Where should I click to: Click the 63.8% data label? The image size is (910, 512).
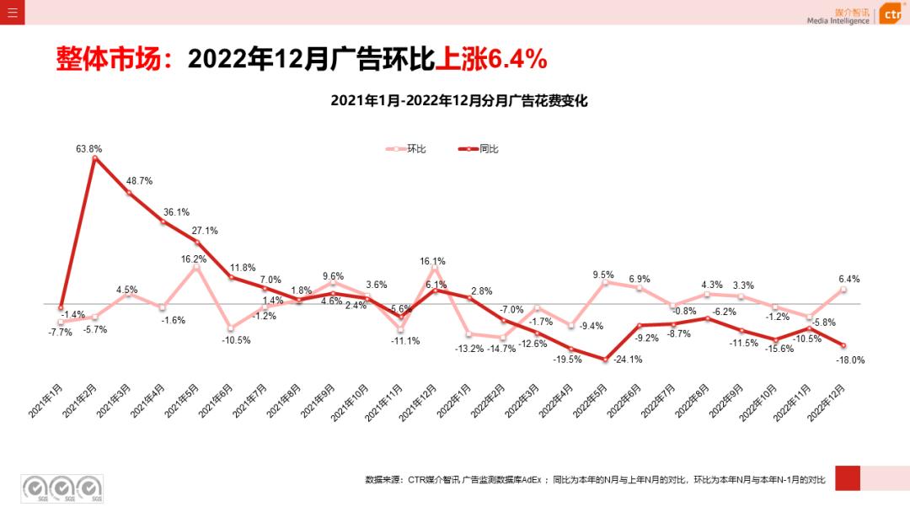click(88, 149)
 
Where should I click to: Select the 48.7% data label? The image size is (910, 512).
click(139, 181)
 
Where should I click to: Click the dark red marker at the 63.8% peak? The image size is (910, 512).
click(94, 157)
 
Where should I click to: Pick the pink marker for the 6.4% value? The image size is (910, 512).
click(843, 290)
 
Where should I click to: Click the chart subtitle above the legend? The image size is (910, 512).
click(458, 100)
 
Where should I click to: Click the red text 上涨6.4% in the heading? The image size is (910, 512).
click(492, 59)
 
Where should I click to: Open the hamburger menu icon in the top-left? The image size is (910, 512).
click(12, 12)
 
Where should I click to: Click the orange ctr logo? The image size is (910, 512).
click(893, 14)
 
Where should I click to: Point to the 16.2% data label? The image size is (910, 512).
click(194, 259)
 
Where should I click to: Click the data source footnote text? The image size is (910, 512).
click(595, 480)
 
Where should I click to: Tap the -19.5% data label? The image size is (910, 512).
click(567, 359)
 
